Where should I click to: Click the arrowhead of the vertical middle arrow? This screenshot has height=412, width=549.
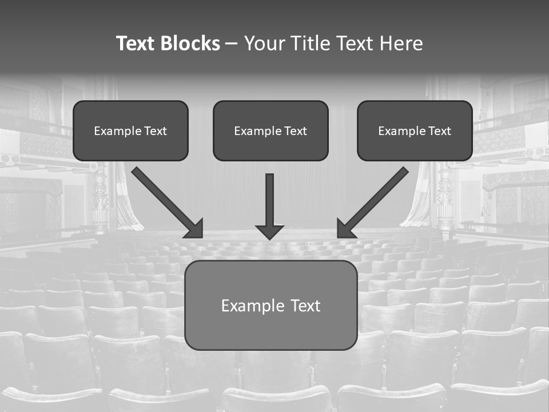269,231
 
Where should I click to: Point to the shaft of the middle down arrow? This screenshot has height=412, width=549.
269,197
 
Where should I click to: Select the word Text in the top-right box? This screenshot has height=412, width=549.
440,131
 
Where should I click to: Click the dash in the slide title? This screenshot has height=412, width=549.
232,44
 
